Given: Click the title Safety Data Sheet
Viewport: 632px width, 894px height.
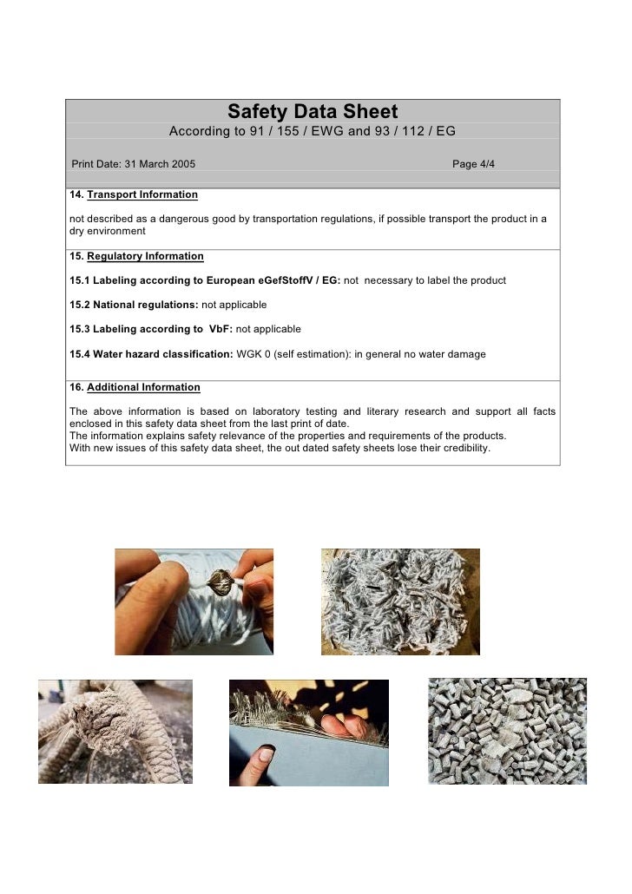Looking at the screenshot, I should tap(313, 112).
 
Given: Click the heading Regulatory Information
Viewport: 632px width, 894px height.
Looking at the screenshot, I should tap(145, 256).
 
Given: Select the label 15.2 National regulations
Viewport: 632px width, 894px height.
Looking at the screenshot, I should tap(134, 305).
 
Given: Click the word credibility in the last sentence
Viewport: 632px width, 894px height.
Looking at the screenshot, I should tap(462, 449).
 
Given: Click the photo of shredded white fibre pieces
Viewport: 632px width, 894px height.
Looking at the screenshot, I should tap(400, 601).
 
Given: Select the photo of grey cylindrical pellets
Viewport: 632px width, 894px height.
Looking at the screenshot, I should tap(507, 731).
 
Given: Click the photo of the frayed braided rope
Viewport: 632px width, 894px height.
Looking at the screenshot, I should tap(115, 731).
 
